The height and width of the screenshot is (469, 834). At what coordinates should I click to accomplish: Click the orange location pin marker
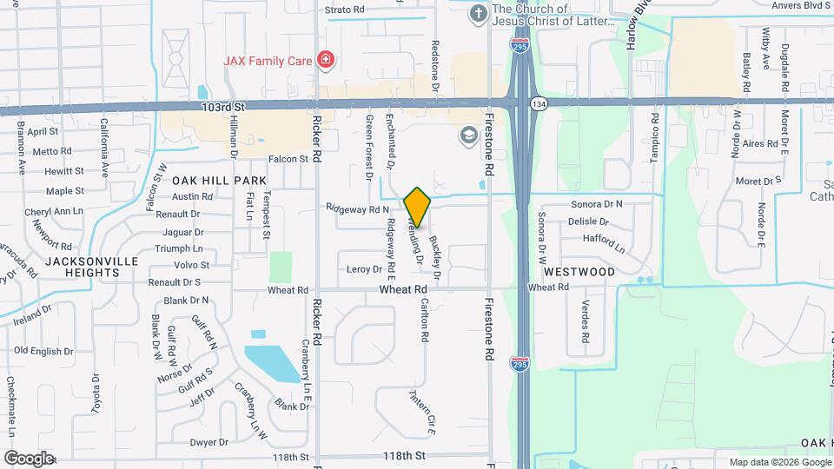[417, 207]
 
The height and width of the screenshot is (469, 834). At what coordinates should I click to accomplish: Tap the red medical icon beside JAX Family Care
[326, 60]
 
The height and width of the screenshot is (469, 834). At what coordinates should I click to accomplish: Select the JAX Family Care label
[269, 60]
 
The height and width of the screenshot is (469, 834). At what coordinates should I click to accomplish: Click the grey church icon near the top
[477, 13]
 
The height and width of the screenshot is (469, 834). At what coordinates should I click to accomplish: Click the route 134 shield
[539, 102]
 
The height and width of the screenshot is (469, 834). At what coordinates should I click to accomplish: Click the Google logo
[29, 458]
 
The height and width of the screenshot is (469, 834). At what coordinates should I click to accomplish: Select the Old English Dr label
[44, 351]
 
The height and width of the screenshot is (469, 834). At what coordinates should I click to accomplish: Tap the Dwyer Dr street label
[208, 442]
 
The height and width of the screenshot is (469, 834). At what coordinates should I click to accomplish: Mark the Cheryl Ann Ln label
[54, 211]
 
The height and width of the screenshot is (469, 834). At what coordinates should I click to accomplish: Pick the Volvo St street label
[192, 265]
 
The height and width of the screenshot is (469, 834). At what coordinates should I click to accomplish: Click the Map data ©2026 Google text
[778, 462]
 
